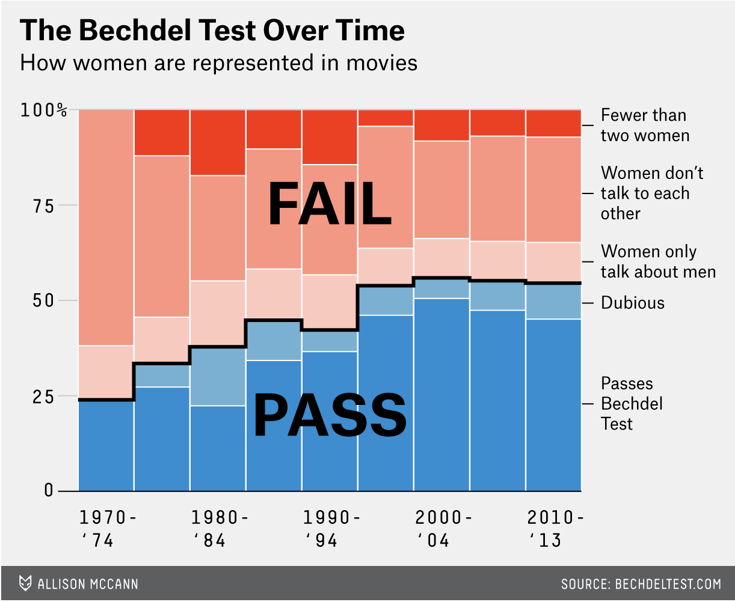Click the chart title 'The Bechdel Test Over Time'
pos(212,31)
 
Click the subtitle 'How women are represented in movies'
pos(218,62)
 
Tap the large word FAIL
pos(330,204)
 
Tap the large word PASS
pos(330,415)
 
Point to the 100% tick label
pos(44,111)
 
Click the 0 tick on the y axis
pos(48,491)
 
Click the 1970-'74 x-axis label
pos(108,529)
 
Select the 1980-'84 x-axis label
pos(219,529)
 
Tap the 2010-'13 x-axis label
pos(555,529)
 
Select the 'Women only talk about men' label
pos(658,261)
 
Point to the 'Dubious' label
pos(633,302)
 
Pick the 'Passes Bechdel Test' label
pos(632,403)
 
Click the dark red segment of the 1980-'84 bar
pos(218,142)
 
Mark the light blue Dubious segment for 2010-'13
pos(553,301)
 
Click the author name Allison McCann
pos(88,584)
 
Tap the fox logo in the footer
pos(25,583)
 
